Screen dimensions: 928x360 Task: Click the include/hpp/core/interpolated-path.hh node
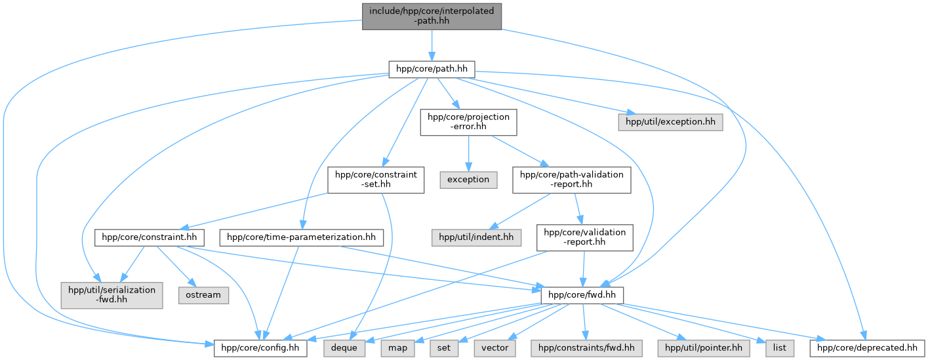[432, 16]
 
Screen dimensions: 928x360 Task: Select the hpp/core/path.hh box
[432, 69]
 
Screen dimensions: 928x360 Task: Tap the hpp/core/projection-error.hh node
[468, 122]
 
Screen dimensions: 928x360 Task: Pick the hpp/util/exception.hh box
[670, 122]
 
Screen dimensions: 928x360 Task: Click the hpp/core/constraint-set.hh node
[376, 180]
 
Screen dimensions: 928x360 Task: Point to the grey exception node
[468, 180]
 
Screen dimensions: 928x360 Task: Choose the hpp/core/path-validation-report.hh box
[572, 180]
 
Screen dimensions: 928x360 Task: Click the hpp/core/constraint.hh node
[149, 237]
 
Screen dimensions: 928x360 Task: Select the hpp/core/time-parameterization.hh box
[301, 237]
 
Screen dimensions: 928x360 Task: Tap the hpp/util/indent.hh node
[476, 237]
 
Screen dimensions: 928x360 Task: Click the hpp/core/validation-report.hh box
[584, 237]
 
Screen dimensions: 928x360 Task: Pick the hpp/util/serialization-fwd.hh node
[112, 295]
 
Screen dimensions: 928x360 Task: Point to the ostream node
[203, 295]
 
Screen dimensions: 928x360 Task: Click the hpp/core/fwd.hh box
[582, 295]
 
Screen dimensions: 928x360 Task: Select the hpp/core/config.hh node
[260, 348]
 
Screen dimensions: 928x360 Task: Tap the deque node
[344, 348]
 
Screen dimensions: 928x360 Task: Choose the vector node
[494, 348]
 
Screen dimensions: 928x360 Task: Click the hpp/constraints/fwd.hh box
[586, 348]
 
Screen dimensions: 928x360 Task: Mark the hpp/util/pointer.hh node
[704, 348]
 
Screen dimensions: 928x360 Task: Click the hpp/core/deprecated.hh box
[867, 348]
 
